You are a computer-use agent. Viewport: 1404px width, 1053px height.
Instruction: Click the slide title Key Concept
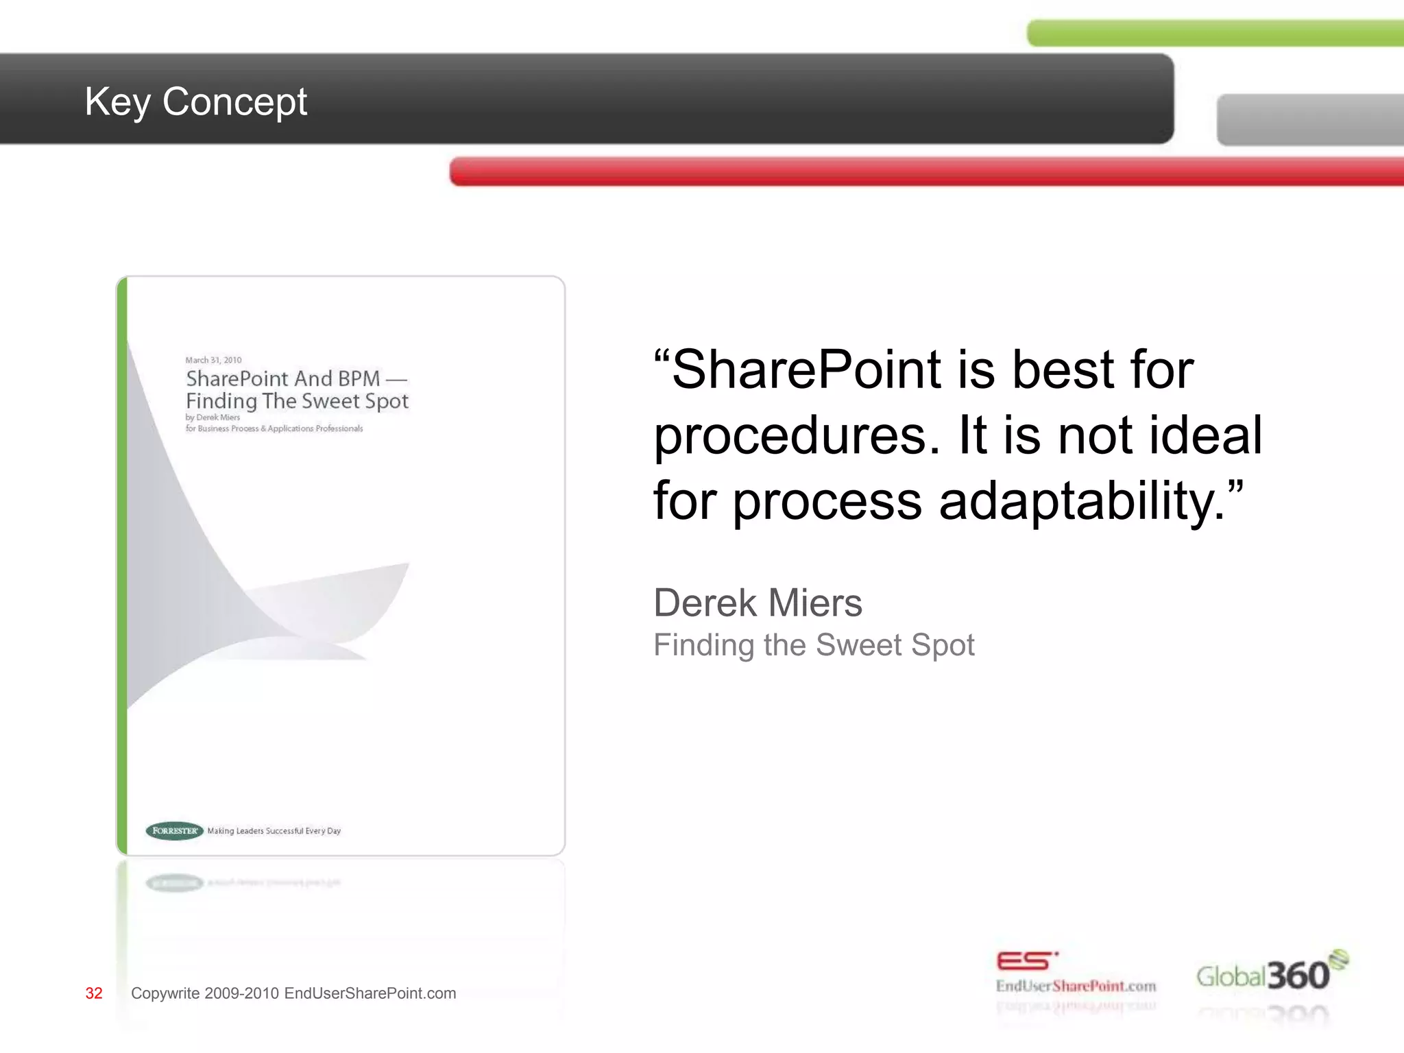point(195,101)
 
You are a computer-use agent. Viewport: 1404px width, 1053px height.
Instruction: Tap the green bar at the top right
point(1213,34)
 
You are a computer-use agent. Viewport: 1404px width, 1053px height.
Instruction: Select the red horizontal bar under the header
point(925,171)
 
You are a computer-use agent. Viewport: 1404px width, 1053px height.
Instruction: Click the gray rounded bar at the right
point(1309,120)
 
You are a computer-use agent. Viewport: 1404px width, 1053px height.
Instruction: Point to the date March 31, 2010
point(213,360)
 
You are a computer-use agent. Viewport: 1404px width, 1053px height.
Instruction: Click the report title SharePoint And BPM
point(282,378)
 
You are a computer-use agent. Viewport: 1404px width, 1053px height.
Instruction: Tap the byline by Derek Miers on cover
point(213,417)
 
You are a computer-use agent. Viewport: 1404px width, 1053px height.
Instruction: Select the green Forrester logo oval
point(174,831)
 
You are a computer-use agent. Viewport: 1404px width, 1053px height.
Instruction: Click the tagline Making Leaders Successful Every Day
point(274,831)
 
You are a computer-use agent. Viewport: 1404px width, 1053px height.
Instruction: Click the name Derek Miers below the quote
point(758,603)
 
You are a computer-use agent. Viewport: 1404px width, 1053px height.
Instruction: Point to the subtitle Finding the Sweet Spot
point(813,645)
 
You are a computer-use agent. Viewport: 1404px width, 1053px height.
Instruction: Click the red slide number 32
point(94,993)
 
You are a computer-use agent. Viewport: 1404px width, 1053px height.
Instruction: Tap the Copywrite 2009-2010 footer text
point(293,993)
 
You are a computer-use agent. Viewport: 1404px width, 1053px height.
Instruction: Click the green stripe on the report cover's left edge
point(122,566)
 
